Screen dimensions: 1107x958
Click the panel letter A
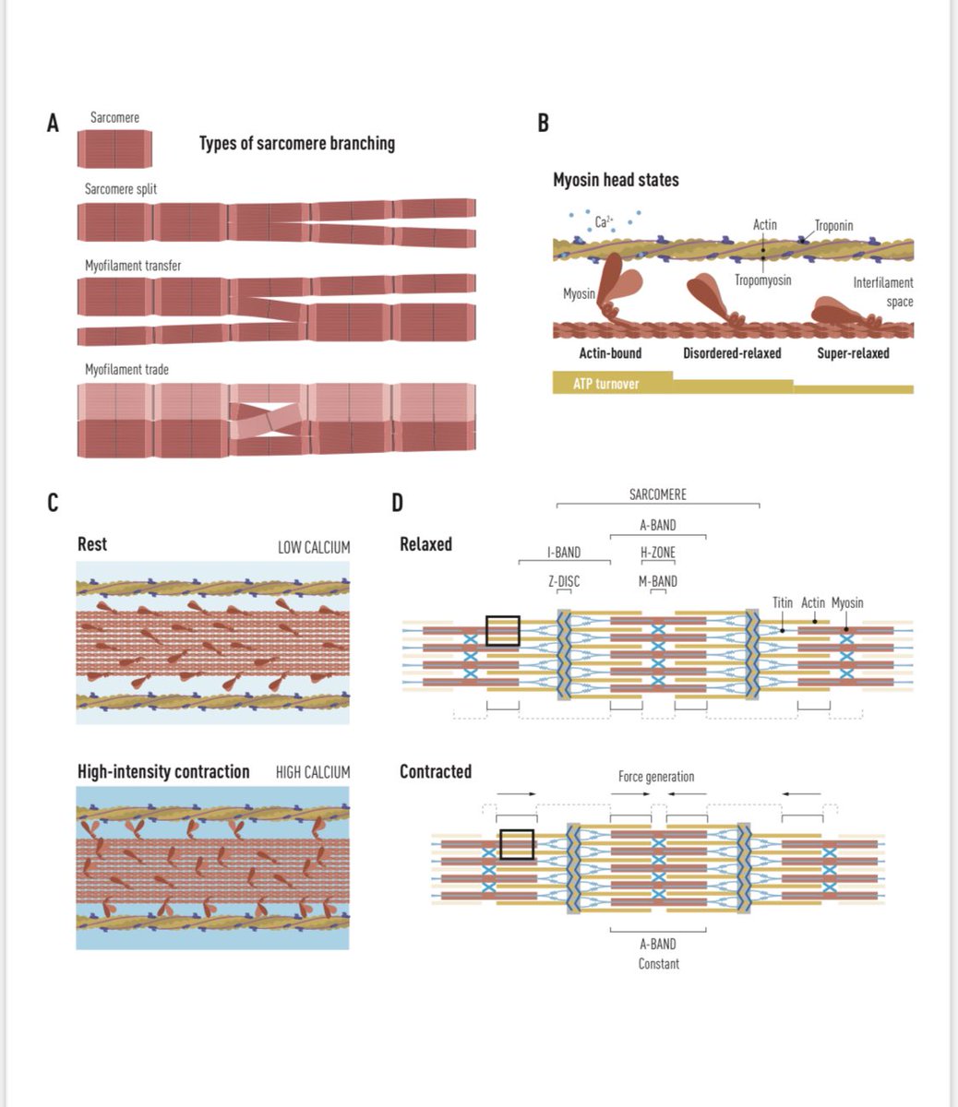point(53,123)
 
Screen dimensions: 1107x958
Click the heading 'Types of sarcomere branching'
point(296,143)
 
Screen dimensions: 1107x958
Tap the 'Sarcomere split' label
point(121,189)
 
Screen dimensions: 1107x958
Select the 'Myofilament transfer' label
point(133,266)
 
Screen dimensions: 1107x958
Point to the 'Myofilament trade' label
point(126,370)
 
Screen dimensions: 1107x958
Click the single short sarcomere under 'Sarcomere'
point(114,149)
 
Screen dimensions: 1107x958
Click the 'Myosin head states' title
point(616,181)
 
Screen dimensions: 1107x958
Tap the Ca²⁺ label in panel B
point(604,222)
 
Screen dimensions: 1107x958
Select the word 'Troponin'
point(833,225)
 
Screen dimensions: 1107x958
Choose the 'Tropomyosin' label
point(762,280)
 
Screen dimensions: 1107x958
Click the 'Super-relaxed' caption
point(853,353)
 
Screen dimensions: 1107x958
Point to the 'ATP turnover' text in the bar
point(605,384)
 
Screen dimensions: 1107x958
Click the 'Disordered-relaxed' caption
point(732,353)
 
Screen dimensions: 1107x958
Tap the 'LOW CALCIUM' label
point(314,548)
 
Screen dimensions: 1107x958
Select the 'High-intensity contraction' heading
point(163,771)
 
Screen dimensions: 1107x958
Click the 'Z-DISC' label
point(563,581)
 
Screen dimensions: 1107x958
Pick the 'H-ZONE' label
point(658,553)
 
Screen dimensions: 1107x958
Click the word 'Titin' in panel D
point(782,602)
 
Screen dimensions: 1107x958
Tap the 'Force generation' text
point(656,777)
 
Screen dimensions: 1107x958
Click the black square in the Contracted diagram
point(517,844)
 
